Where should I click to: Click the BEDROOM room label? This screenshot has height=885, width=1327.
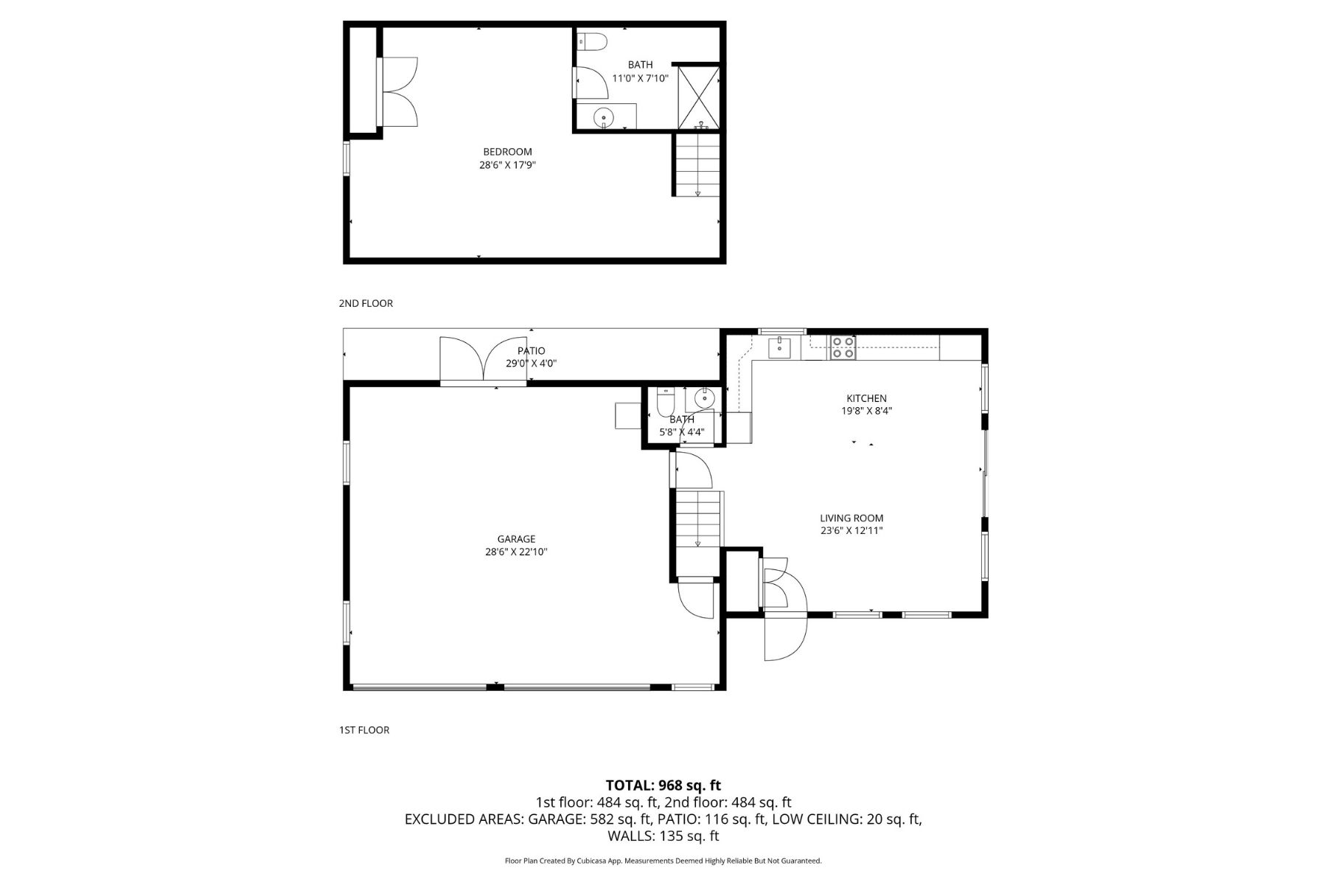[507, 152]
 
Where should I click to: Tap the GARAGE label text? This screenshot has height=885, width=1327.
[516, 539]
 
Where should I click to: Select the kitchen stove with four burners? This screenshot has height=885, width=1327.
[843, 347]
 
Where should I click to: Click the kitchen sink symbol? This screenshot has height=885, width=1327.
[779, 347]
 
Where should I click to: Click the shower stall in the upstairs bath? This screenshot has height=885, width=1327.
[698, 98]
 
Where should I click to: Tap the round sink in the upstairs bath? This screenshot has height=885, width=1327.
[604, 117]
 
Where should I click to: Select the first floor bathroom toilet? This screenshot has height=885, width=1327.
[665, 404]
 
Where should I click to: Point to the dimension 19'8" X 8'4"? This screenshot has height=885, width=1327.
[866, 412]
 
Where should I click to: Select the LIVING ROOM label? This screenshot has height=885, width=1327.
[851, 518]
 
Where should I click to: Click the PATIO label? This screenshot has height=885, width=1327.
[531, 351]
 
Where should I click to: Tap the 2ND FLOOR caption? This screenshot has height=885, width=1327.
[366, 303]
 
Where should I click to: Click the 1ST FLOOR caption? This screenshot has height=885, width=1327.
[364, 730]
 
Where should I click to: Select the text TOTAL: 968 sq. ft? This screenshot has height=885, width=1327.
[663, 785]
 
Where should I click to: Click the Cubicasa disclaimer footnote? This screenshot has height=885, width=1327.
[663, 861]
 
